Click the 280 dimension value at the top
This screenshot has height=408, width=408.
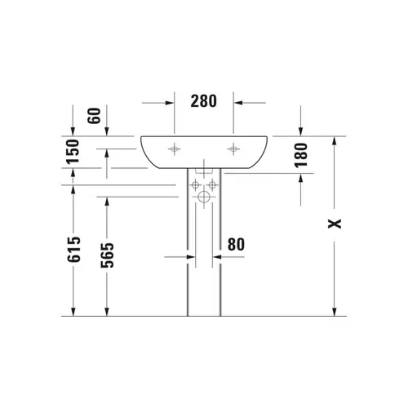[x=204, y=102]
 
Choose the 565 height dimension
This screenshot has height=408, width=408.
[x=106, y=259]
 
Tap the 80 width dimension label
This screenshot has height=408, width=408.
[x=236, y=243]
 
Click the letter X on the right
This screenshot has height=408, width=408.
[x=334, y=224]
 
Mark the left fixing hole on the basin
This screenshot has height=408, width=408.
[x=175, y=149]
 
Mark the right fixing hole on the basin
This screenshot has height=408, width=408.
[x=233, y=149]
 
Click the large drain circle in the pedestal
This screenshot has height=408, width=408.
[x=204, y=197]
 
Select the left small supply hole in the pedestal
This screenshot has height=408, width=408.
[x=196, y=185]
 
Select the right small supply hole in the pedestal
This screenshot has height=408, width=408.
[x=212, y=185]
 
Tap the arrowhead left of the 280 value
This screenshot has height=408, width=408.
[x=169, y=103]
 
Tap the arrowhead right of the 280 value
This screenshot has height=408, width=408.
[x=239, y=103]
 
